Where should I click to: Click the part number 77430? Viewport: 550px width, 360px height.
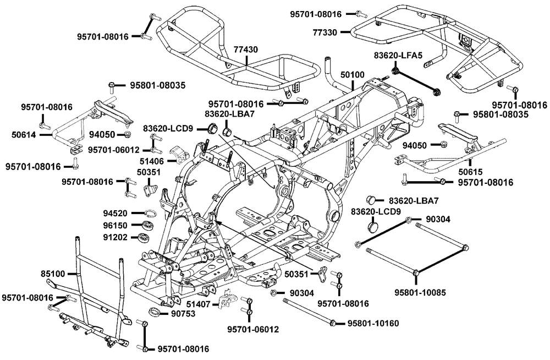246,50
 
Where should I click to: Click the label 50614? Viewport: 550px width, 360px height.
24,133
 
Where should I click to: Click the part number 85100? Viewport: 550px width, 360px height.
53,273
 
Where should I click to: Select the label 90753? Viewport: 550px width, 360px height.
183,314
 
